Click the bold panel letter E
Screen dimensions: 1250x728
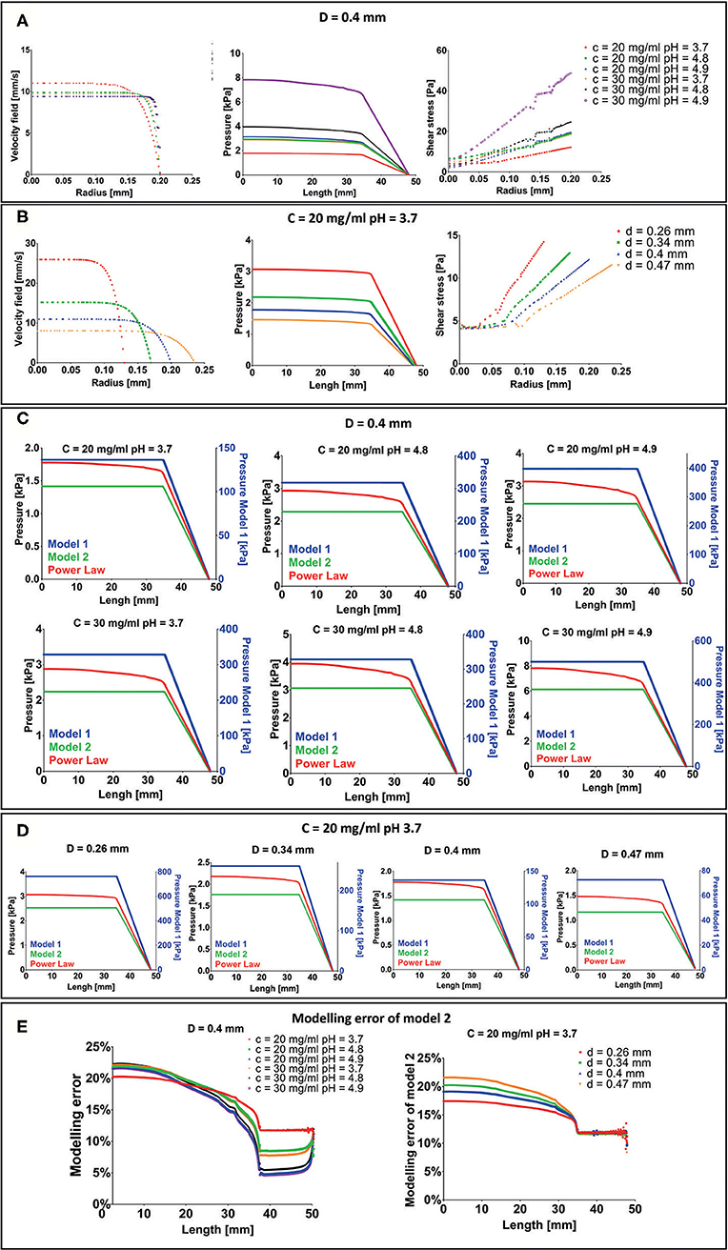16,1021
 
